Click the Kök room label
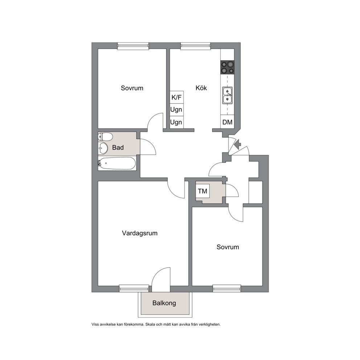pyautogui.click(x=201, y=88)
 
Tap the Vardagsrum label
pyautogui.click(x=140, y=233)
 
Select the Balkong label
pyautogui.click(x=164, y=303)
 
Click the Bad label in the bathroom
pyautogui.click(x=118, y=147)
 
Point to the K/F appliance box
pyautogui.click(x=177, y=97)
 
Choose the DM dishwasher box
pyautogui.click(x=227, y=122)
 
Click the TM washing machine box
pyautogui.click(x=202, y=191)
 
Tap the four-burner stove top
pyautogui.click(x=227, y=67)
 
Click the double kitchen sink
pyautogui.click(x=227, y=95)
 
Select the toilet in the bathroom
pyautogui.click(x=105, y=136)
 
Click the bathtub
pyautogui.click(x=117, y=163)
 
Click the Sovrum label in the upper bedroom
pyautogui.click(x=132, y=88)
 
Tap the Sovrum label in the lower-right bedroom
pyautogui.click(x=228, y=247)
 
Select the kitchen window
pyautogui.click(x=196, y=46)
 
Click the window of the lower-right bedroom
pyautogui.click(x=227, y=288)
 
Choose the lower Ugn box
pyautogui.click(x=176, y=122)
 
